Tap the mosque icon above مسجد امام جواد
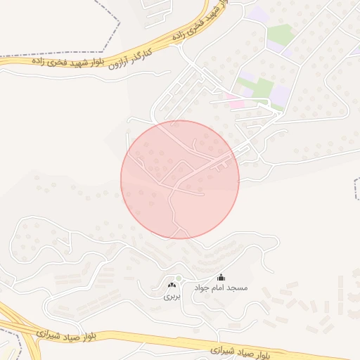(221, 278)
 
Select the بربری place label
(172, 297)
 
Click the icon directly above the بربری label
(172, 285)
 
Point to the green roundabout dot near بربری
(179, 279)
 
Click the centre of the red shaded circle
(180, 179)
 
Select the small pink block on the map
(237, 104)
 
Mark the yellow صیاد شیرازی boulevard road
(141, 340)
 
